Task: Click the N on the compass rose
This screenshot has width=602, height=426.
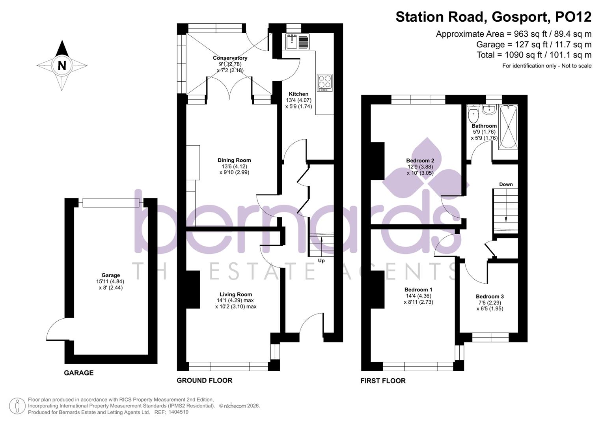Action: tap(62, 65)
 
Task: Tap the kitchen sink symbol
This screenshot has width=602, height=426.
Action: tap(298, 41)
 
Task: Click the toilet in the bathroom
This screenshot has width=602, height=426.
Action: tap(473, 114)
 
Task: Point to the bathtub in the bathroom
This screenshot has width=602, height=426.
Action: tap(508, 127)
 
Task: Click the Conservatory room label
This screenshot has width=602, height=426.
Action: tap(230, 58)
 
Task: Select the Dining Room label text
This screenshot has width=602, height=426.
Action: tap(234, 160)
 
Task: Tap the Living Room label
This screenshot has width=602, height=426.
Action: tap(235, 294)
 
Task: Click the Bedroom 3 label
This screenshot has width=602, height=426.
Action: tap(490, 297)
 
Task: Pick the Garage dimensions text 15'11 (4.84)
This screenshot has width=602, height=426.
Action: tap(110, 282)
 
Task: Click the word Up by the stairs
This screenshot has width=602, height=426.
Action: tap(321, 261)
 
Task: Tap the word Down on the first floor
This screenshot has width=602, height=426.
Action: tap(506, 184)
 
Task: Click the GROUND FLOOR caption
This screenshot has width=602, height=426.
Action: tap(204, 380)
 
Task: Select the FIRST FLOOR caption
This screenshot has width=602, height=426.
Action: tap(383, 381)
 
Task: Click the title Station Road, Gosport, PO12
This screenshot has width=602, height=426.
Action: tap(493, 17)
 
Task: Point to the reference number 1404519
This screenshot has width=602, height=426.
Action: tap(178, 412)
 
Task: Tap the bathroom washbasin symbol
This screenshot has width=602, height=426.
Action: tap(489, 109)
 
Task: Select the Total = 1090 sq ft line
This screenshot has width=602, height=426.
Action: tap(534, 55)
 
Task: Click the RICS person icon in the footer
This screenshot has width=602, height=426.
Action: tap(17, 406)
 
